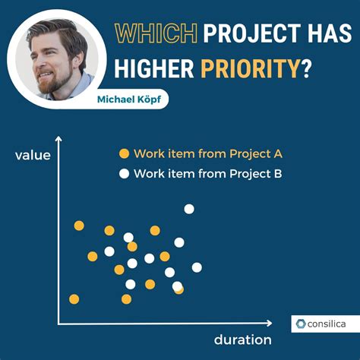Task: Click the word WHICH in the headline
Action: pos(155,33)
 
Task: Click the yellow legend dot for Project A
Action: pos(124,153)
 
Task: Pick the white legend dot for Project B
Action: pos(124,172)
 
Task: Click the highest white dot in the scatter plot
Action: pos(189,209)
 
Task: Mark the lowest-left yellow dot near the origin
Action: pos(74,298)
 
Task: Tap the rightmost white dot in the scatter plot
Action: pos(197,267)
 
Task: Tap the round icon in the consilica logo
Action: pos(301,324)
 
